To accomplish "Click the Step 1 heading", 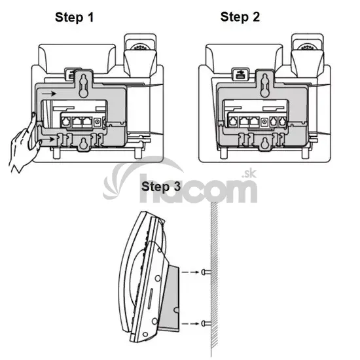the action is coord(75,18).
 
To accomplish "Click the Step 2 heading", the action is coord(240,17).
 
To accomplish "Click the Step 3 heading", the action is coord(161,187).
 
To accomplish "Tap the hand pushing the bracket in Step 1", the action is coord(25,142).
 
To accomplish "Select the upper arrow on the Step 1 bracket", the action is coord(49,94).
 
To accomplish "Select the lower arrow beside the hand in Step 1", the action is coord(48,139).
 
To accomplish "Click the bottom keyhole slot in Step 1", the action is coord(84,143).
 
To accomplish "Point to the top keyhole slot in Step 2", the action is coord(265,85).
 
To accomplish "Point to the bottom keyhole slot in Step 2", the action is coord(266,143).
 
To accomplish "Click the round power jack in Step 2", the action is coord(265,122).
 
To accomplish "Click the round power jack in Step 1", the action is coord(98,122).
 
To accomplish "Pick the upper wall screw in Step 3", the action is coord(206,272).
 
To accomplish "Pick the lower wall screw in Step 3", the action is coord(206,323).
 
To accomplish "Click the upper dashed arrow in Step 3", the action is coord(190,272).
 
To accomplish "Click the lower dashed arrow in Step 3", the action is coord(190,324).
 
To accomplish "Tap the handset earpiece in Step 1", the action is coord(140,47).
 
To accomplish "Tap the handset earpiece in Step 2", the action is coord(308,47).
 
